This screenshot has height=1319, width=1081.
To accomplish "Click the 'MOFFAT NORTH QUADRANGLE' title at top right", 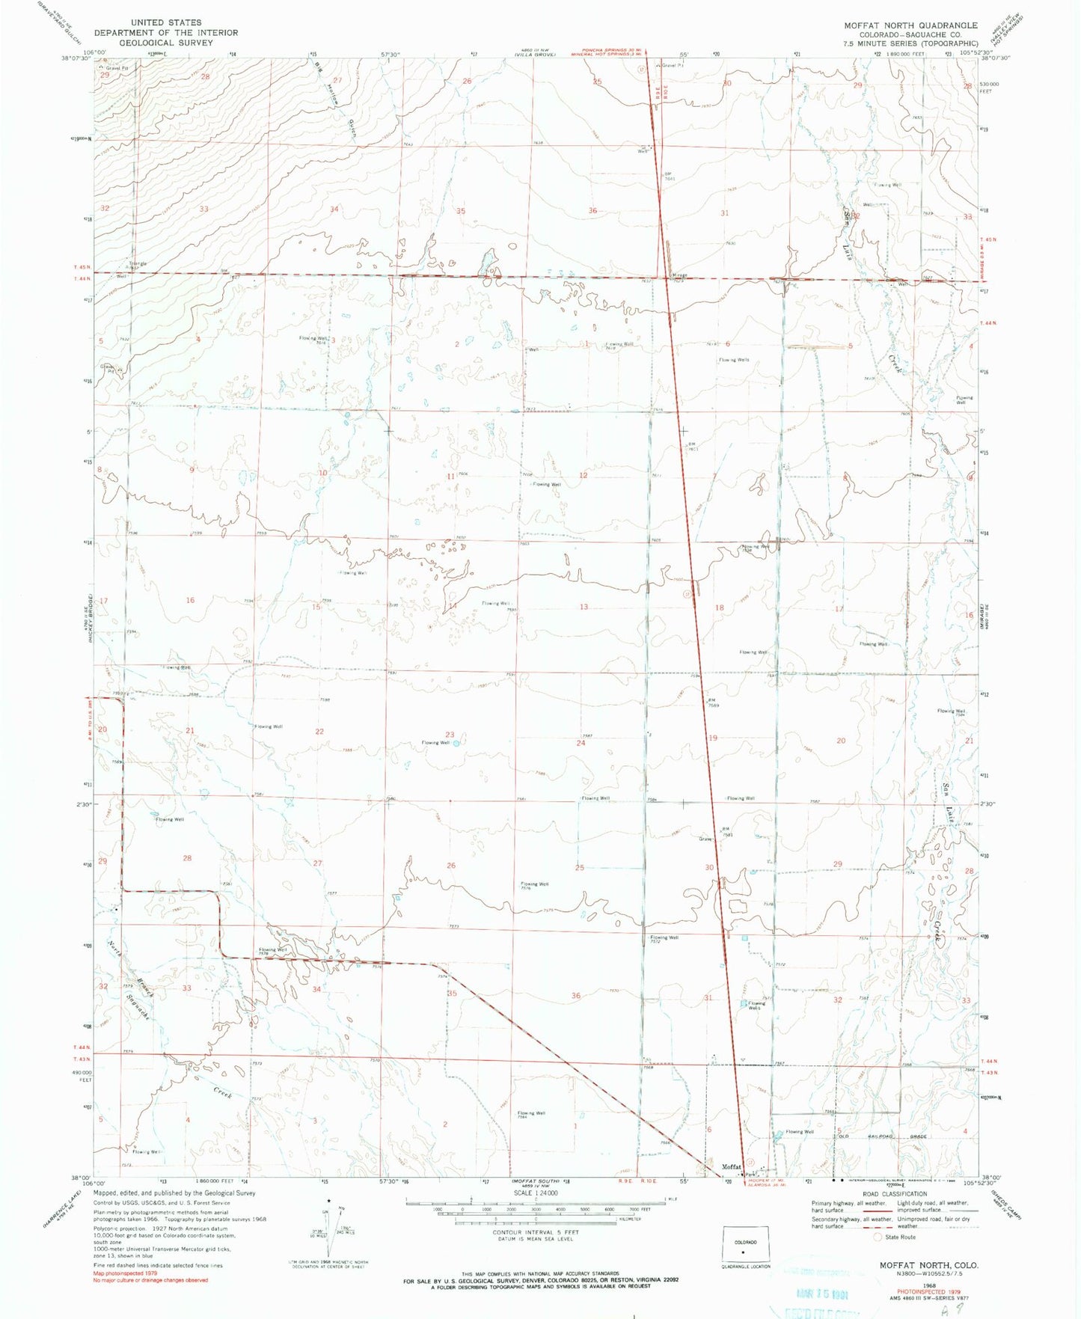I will click(910, 25).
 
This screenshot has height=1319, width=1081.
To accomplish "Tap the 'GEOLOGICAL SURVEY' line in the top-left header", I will click(165, 43).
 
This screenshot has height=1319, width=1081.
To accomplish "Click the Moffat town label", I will click(731, 1166).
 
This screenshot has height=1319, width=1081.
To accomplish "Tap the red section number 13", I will click(584, 607).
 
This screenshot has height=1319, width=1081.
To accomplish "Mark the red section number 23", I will click(450, 735).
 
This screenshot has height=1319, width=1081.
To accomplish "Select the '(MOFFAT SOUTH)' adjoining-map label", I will click(533, 1182).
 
